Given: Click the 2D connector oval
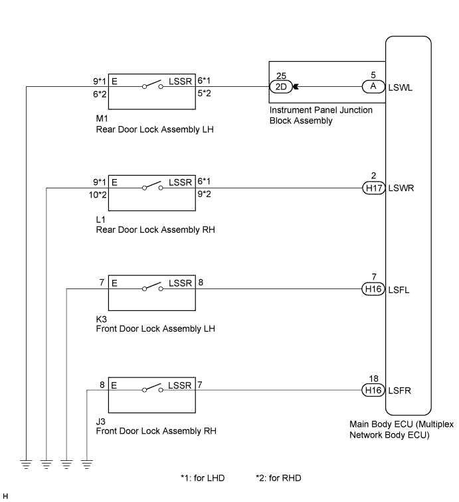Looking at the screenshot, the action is click(281, 87).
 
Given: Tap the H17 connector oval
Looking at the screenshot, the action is click(374, 188).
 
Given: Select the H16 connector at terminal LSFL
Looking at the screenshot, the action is click(373, 289).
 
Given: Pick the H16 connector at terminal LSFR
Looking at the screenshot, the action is click(373, 391).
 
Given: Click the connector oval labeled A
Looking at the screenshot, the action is click(374, 86).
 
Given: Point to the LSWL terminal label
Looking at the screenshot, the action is click(401, 88).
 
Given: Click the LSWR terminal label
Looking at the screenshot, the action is click(401, 188).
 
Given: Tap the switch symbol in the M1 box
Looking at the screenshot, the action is click(153, 84).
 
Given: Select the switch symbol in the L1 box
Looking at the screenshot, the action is click(153, 186).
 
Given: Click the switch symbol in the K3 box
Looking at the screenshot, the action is click(153, 287).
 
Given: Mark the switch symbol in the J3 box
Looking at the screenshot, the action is click(153, 388).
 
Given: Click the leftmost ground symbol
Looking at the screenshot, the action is click(27, 465).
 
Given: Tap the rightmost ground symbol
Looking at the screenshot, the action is click(87, 465).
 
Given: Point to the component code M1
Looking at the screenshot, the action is click(102, 119).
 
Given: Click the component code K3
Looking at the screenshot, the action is click(102, 319).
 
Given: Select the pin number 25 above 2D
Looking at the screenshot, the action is click(281, 76).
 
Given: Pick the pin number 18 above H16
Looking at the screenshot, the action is click(374, 379).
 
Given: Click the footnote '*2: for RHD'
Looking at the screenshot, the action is click(278, 478).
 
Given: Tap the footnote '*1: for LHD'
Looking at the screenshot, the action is click(203, 478).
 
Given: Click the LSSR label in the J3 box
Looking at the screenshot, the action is click(179, 385).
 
